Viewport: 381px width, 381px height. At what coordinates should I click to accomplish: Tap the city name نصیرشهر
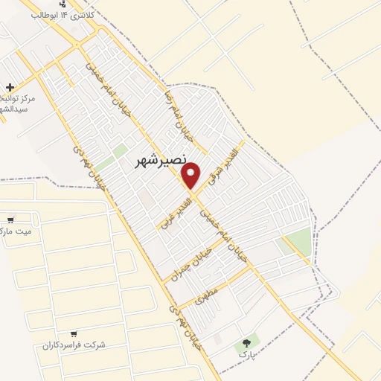tap(159, 162)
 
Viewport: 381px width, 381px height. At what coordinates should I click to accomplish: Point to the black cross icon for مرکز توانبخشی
tap(9, 88)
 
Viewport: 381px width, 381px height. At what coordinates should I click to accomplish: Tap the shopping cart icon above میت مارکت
tap(10, 220)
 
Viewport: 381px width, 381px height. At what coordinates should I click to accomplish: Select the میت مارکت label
tap(16, 231)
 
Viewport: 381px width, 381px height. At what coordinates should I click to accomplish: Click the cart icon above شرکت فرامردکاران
tap(73, 333)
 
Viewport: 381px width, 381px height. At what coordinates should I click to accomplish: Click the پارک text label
tap(246, 355)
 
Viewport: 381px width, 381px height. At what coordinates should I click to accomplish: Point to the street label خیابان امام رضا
tap(179, 116)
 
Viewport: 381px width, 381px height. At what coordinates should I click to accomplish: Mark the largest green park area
tap(297, 242)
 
